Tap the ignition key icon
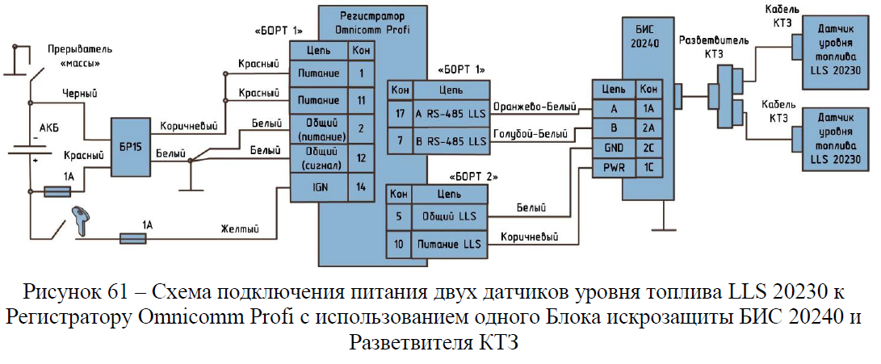click(81, 220)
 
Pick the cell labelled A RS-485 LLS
click(451, 112)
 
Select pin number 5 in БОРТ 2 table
click(399, 215)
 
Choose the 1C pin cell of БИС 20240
click(648, 167)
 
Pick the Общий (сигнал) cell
click(319, 157)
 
